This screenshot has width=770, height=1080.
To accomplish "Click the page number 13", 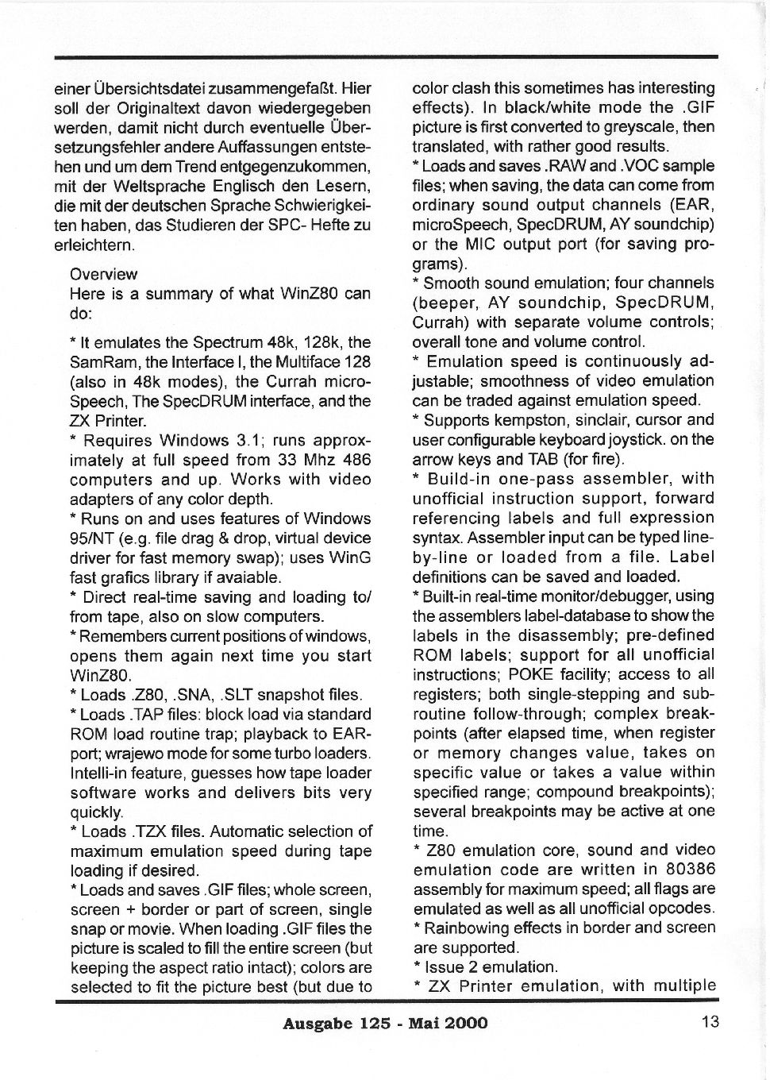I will [710, 1022].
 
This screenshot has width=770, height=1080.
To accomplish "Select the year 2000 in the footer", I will [467, 1023].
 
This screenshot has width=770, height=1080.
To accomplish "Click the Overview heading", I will [103, 274].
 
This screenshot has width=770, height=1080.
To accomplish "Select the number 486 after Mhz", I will [356, 460].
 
